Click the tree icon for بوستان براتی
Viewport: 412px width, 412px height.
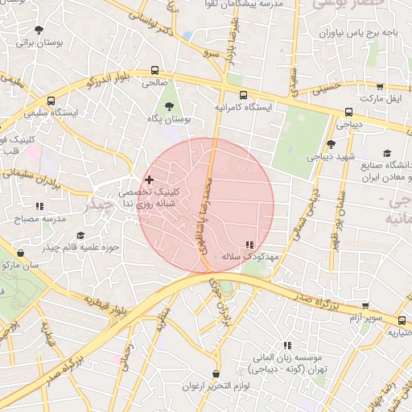tap(38, 30)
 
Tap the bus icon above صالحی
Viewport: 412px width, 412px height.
tap(154, 70)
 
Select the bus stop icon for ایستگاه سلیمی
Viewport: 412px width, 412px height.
tap(51, 101)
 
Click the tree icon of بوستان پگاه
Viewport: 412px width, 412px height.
tap(169, 105)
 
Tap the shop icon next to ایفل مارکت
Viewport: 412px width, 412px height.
tap(379, 86)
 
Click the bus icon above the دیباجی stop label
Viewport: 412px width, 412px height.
tap(348, 113)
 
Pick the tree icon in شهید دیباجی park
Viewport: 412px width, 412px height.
tap(330, 144)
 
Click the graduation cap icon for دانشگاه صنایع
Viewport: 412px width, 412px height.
tap(387, 154)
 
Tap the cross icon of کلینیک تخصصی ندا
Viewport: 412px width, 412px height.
tap(149, 179)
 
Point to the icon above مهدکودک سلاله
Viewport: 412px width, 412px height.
tap(249, 245)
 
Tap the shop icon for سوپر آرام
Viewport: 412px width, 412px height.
tap(365, 306)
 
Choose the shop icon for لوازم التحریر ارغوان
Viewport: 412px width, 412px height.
tap(216, 374)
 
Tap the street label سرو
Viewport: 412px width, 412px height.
tap(212, 51)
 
